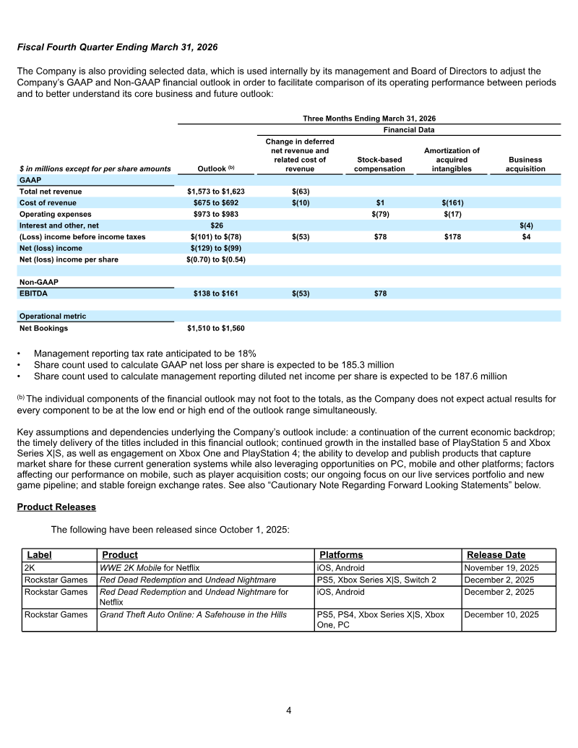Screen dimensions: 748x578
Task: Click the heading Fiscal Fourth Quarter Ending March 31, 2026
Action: (117, 46)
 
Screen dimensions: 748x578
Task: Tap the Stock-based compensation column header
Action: (379, 164)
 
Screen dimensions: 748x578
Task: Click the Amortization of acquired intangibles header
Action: (452, 160)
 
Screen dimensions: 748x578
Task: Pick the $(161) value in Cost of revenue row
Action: (452, 203)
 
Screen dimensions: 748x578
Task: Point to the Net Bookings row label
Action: (43, 328)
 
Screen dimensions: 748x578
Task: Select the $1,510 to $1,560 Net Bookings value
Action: (216, 328)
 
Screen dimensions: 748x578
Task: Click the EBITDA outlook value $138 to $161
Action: (216, 293)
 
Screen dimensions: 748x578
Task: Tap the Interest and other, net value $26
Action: (216, 225)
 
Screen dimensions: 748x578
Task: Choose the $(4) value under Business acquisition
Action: (526, 225)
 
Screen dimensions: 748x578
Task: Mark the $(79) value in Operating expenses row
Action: (379, 215)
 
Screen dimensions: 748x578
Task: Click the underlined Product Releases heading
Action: (56, 507)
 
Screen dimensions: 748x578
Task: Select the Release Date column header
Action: (496, 555)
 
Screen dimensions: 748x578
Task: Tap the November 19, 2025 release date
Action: (501, 568)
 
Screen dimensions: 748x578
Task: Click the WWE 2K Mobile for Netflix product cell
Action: (149, 568)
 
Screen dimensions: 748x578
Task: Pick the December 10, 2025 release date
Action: (501, 615)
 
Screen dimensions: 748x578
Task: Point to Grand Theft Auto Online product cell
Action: (192, 615)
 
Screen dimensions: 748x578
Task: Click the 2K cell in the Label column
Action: (30, 568)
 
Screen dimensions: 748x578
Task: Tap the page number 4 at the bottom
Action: (289, 710)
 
